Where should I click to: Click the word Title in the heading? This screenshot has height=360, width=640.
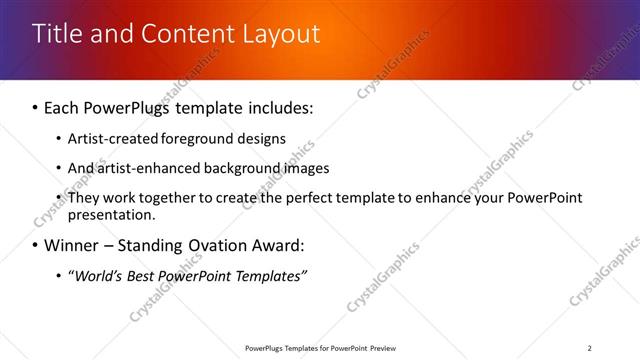click(55, 34)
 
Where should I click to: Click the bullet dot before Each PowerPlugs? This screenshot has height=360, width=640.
click(36, 108)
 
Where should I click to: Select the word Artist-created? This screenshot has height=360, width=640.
click(111, 139)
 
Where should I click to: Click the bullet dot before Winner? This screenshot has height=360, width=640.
click(36, 246)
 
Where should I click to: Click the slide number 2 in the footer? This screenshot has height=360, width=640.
click(589, 347)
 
